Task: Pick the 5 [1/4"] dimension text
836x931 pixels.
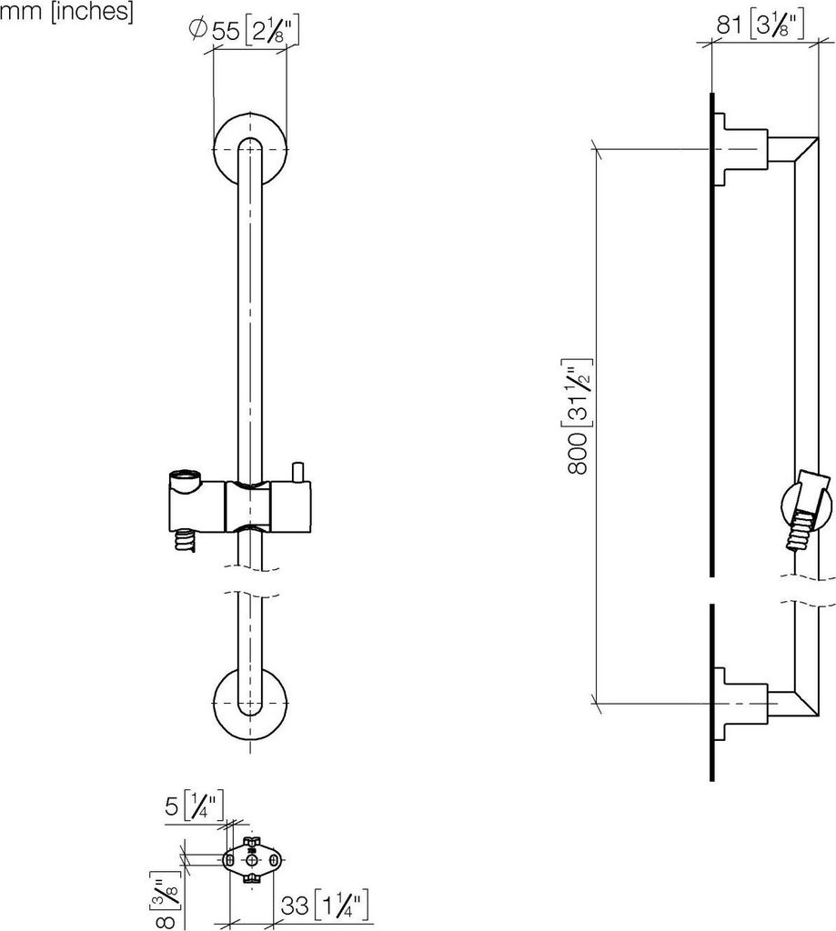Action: (x=194, y=806)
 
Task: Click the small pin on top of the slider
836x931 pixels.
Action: (x=297, y=472)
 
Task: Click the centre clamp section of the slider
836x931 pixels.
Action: (x=249, y=506)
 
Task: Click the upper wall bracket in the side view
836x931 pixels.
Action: (x=737, y=150)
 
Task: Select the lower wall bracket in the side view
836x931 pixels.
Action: (x=737, y=703)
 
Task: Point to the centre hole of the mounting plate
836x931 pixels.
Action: (x=253, y=859)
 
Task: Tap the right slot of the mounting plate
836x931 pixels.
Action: (x=274, y=859)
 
